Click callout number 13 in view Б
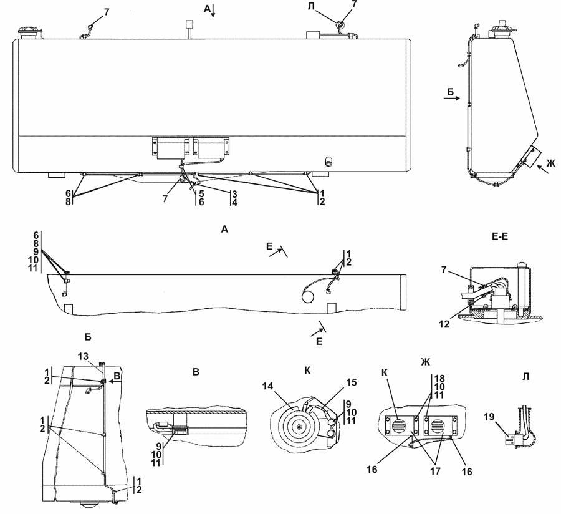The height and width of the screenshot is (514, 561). pos(83,357)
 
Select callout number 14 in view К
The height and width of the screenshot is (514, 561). pos(267,386)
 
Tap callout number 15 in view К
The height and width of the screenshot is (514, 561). pos(352,382)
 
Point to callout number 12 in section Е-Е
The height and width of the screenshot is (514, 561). pos(444,324)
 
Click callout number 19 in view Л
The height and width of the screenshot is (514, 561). pos(489,417)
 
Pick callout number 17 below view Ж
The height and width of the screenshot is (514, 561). pos(436,471)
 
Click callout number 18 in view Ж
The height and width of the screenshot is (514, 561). pos(439,379)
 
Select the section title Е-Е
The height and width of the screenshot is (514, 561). pos(500,236)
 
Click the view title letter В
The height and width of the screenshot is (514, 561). pos(195,372)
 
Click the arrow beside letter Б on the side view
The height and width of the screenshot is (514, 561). pos(452,99)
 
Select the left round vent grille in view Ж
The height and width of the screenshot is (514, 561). pos(400,426)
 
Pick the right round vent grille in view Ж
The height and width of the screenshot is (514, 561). pos(438,426)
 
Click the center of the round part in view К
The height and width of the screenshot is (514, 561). pos(299,427)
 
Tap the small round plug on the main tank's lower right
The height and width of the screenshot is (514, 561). pos(328,162)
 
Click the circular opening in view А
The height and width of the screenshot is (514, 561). pos(308,296)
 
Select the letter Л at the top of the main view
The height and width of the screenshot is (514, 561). pos(311,7)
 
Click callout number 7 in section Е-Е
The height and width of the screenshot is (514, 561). pos(444,270)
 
